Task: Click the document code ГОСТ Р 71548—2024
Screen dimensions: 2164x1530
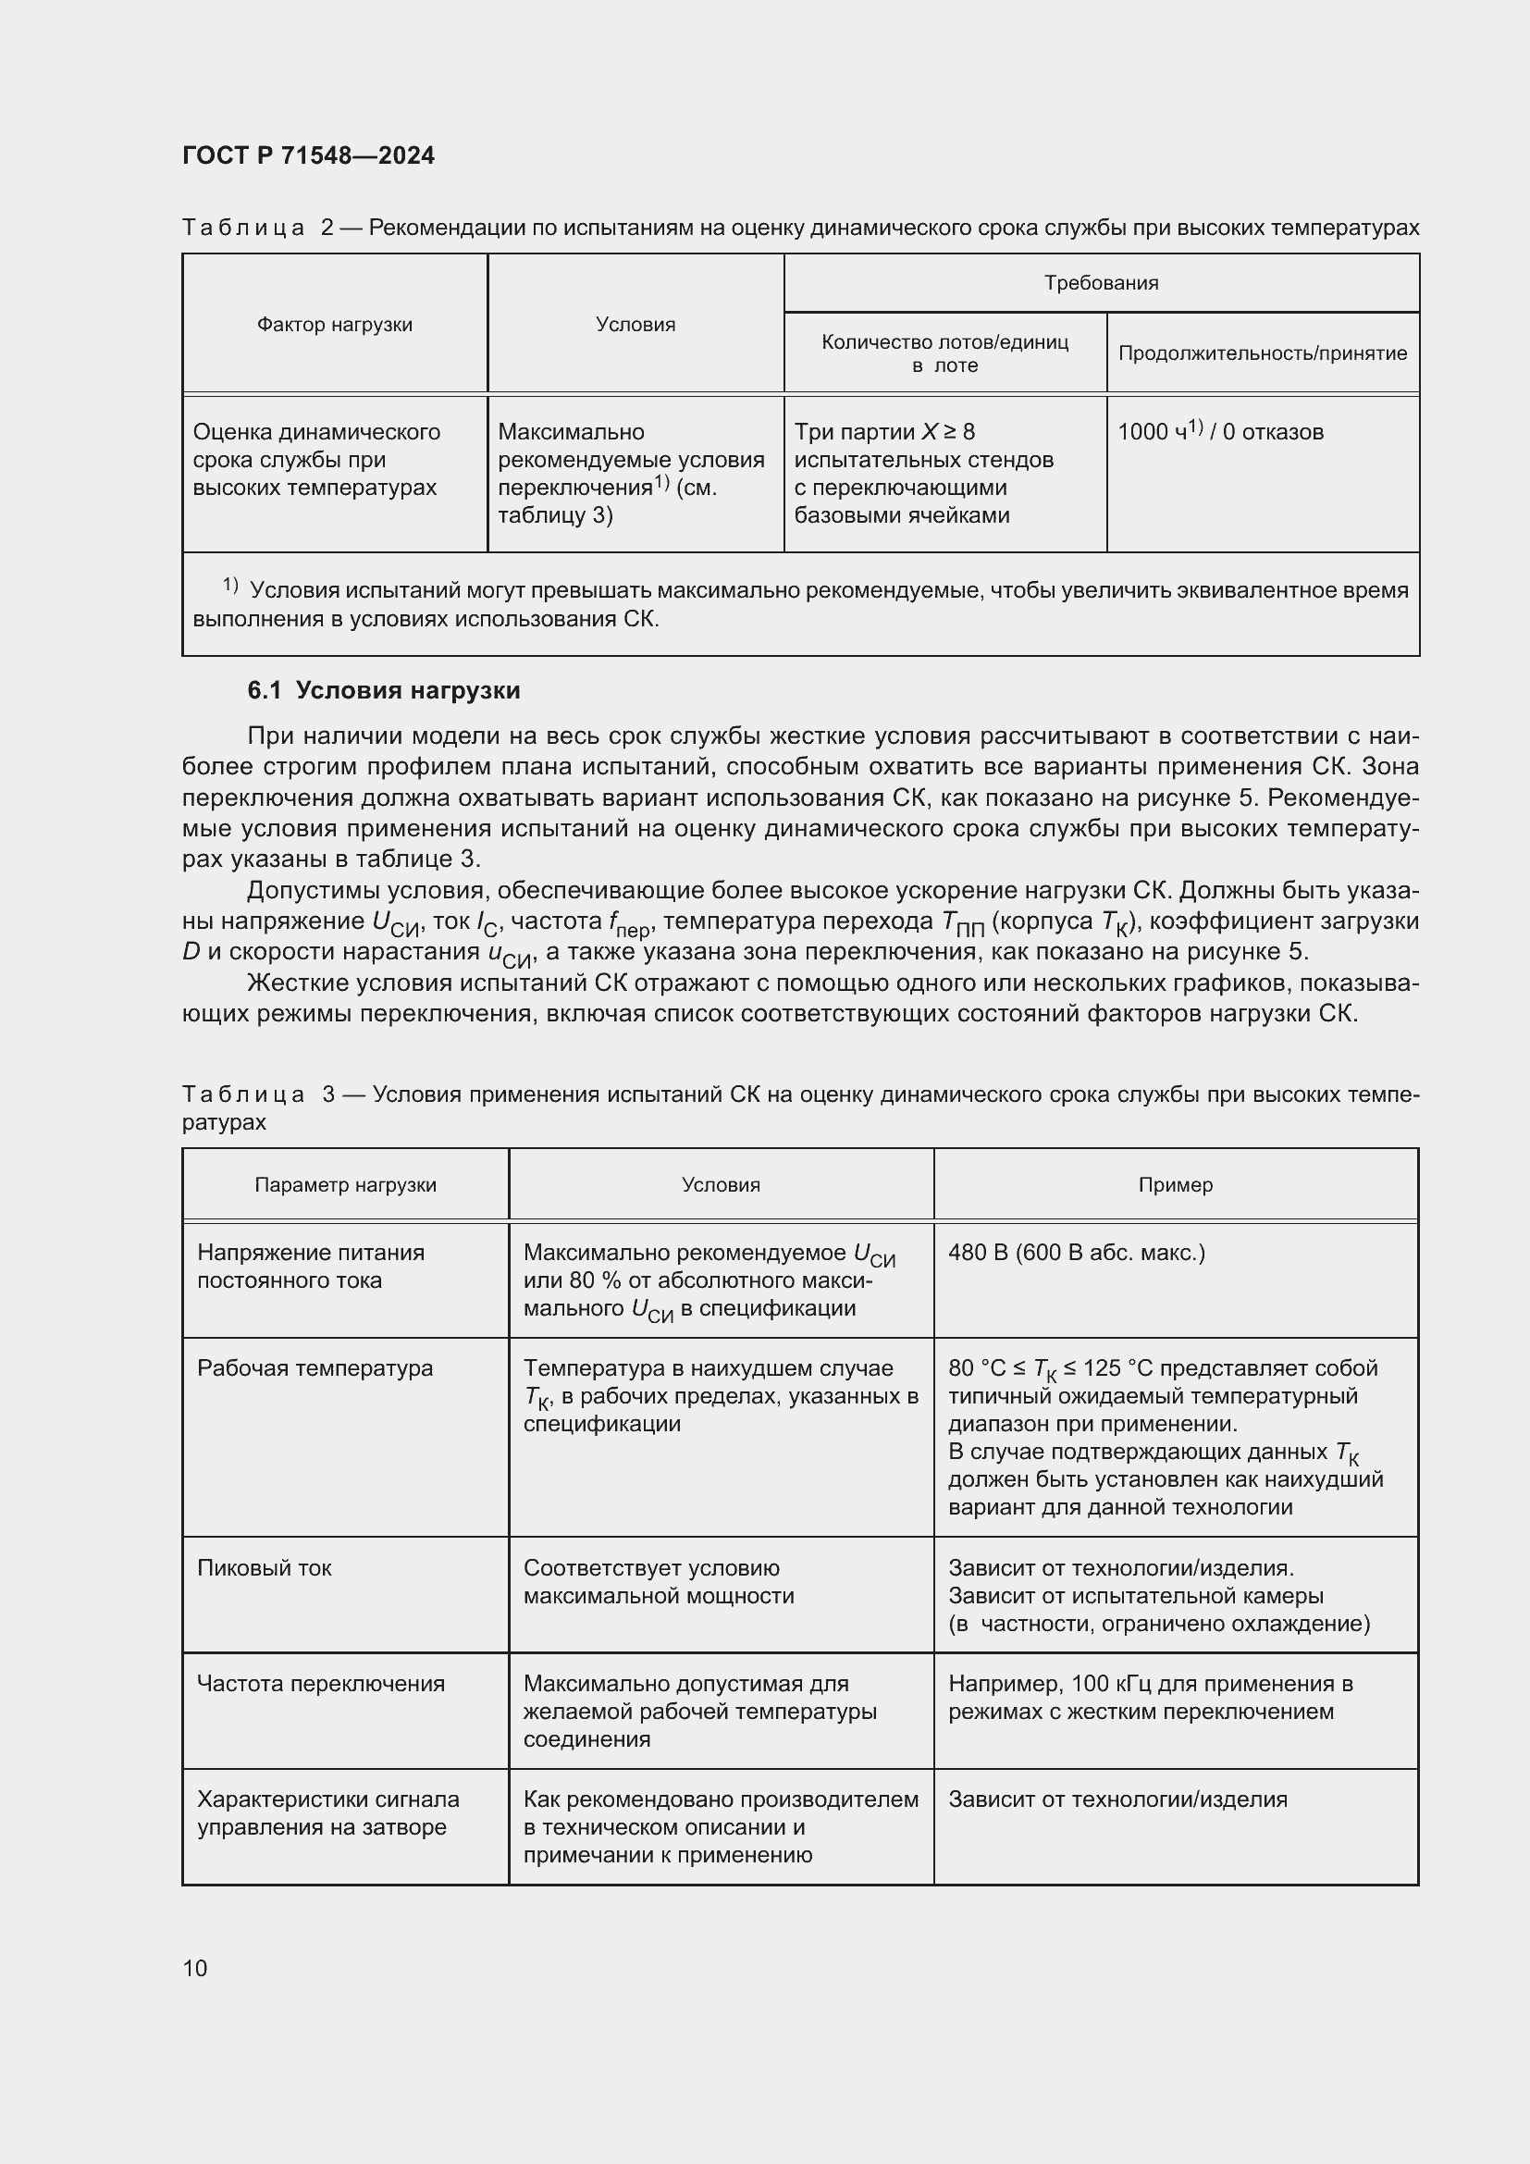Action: [x=308, y=155]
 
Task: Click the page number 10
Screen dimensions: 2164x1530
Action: [x=195, y=1968]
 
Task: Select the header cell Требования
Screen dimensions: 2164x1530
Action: [x=1101, y=283]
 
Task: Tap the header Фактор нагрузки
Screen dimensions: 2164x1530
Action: [x=335, y=324]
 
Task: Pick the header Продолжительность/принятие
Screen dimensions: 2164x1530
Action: [x=1262, y=353]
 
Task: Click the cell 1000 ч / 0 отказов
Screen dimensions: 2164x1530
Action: [x=1220, y=432]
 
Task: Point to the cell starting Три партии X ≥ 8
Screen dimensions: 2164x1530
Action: [x=923, y=473]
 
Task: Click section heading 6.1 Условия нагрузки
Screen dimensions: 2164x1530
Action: [x=384, y=691]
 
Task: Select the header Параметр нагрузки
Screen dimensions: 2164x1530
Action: [x=345, y=1185]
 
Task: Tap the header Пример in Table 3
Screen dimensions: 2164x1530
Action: [x=1175, y=1185]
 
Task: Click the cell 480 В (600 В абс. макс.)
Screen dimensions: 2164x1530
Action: [x=1076, y=1253]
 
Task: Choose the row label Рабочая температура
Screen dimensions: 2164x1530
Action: [x=315, y=1367]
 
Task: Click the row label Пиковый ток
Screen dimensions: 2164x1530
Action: [x=264, y=1567]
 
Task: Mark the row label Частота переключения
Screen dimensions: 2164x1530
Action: [x=320, y=1683]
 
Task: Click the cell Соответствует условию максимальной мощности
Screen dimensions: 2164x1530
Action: [x=658, y=1581]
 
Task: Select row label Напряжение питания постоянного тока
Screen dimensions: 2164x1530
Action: [x=310, y=1266]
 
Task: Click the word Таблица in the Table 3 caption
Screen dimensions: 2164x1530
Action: [x=243, y=1094]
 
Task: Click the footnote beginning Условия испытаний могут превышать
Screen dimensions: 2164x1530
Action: [x=800, y=604]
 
